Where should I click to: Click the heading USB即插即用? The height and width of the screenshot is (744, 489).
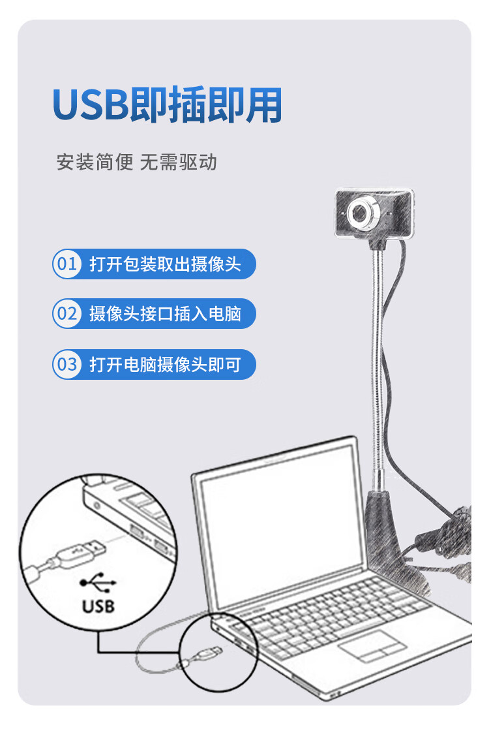click(x=168, y=104)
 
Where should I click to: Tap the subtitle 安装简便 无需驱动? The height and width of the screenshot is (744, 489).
click(x=137, y=162)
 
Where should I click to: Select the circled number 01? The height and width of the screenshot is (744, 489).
click(x=67, y=264)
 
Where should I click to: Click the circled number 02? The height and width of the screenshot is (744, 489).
click(x=67, y=314)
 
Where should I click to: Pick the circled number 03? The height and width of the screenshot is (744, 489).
click(x=67, y=364)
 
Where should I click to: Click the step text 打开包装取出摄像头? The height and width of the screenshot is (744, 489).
click(x=166, y=264)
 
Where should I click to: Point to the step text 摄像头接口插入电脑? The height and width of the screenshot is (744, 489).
click(x=166, y=314)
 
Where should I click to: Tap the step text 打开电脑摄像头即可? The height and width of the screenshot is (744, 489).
click(x=166, y=364)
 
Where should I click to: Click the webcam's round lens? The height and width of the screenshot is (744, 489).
click(x=363, y=213)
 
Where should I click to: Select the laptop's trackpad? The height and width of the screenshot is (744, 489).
click(x=372, y=646)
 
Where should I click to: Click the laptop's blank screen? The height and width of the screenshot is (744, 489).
click(x=280, y=527)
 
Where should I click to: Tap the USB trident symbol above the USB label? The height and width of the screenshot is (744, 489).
click(x=98, y=582)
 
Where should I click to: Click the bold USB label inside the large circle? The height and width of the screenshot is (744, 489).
click(x=98, y=606)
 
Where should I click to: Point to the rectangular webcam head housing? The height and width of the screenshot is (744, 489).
click(x=374, y=213)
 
